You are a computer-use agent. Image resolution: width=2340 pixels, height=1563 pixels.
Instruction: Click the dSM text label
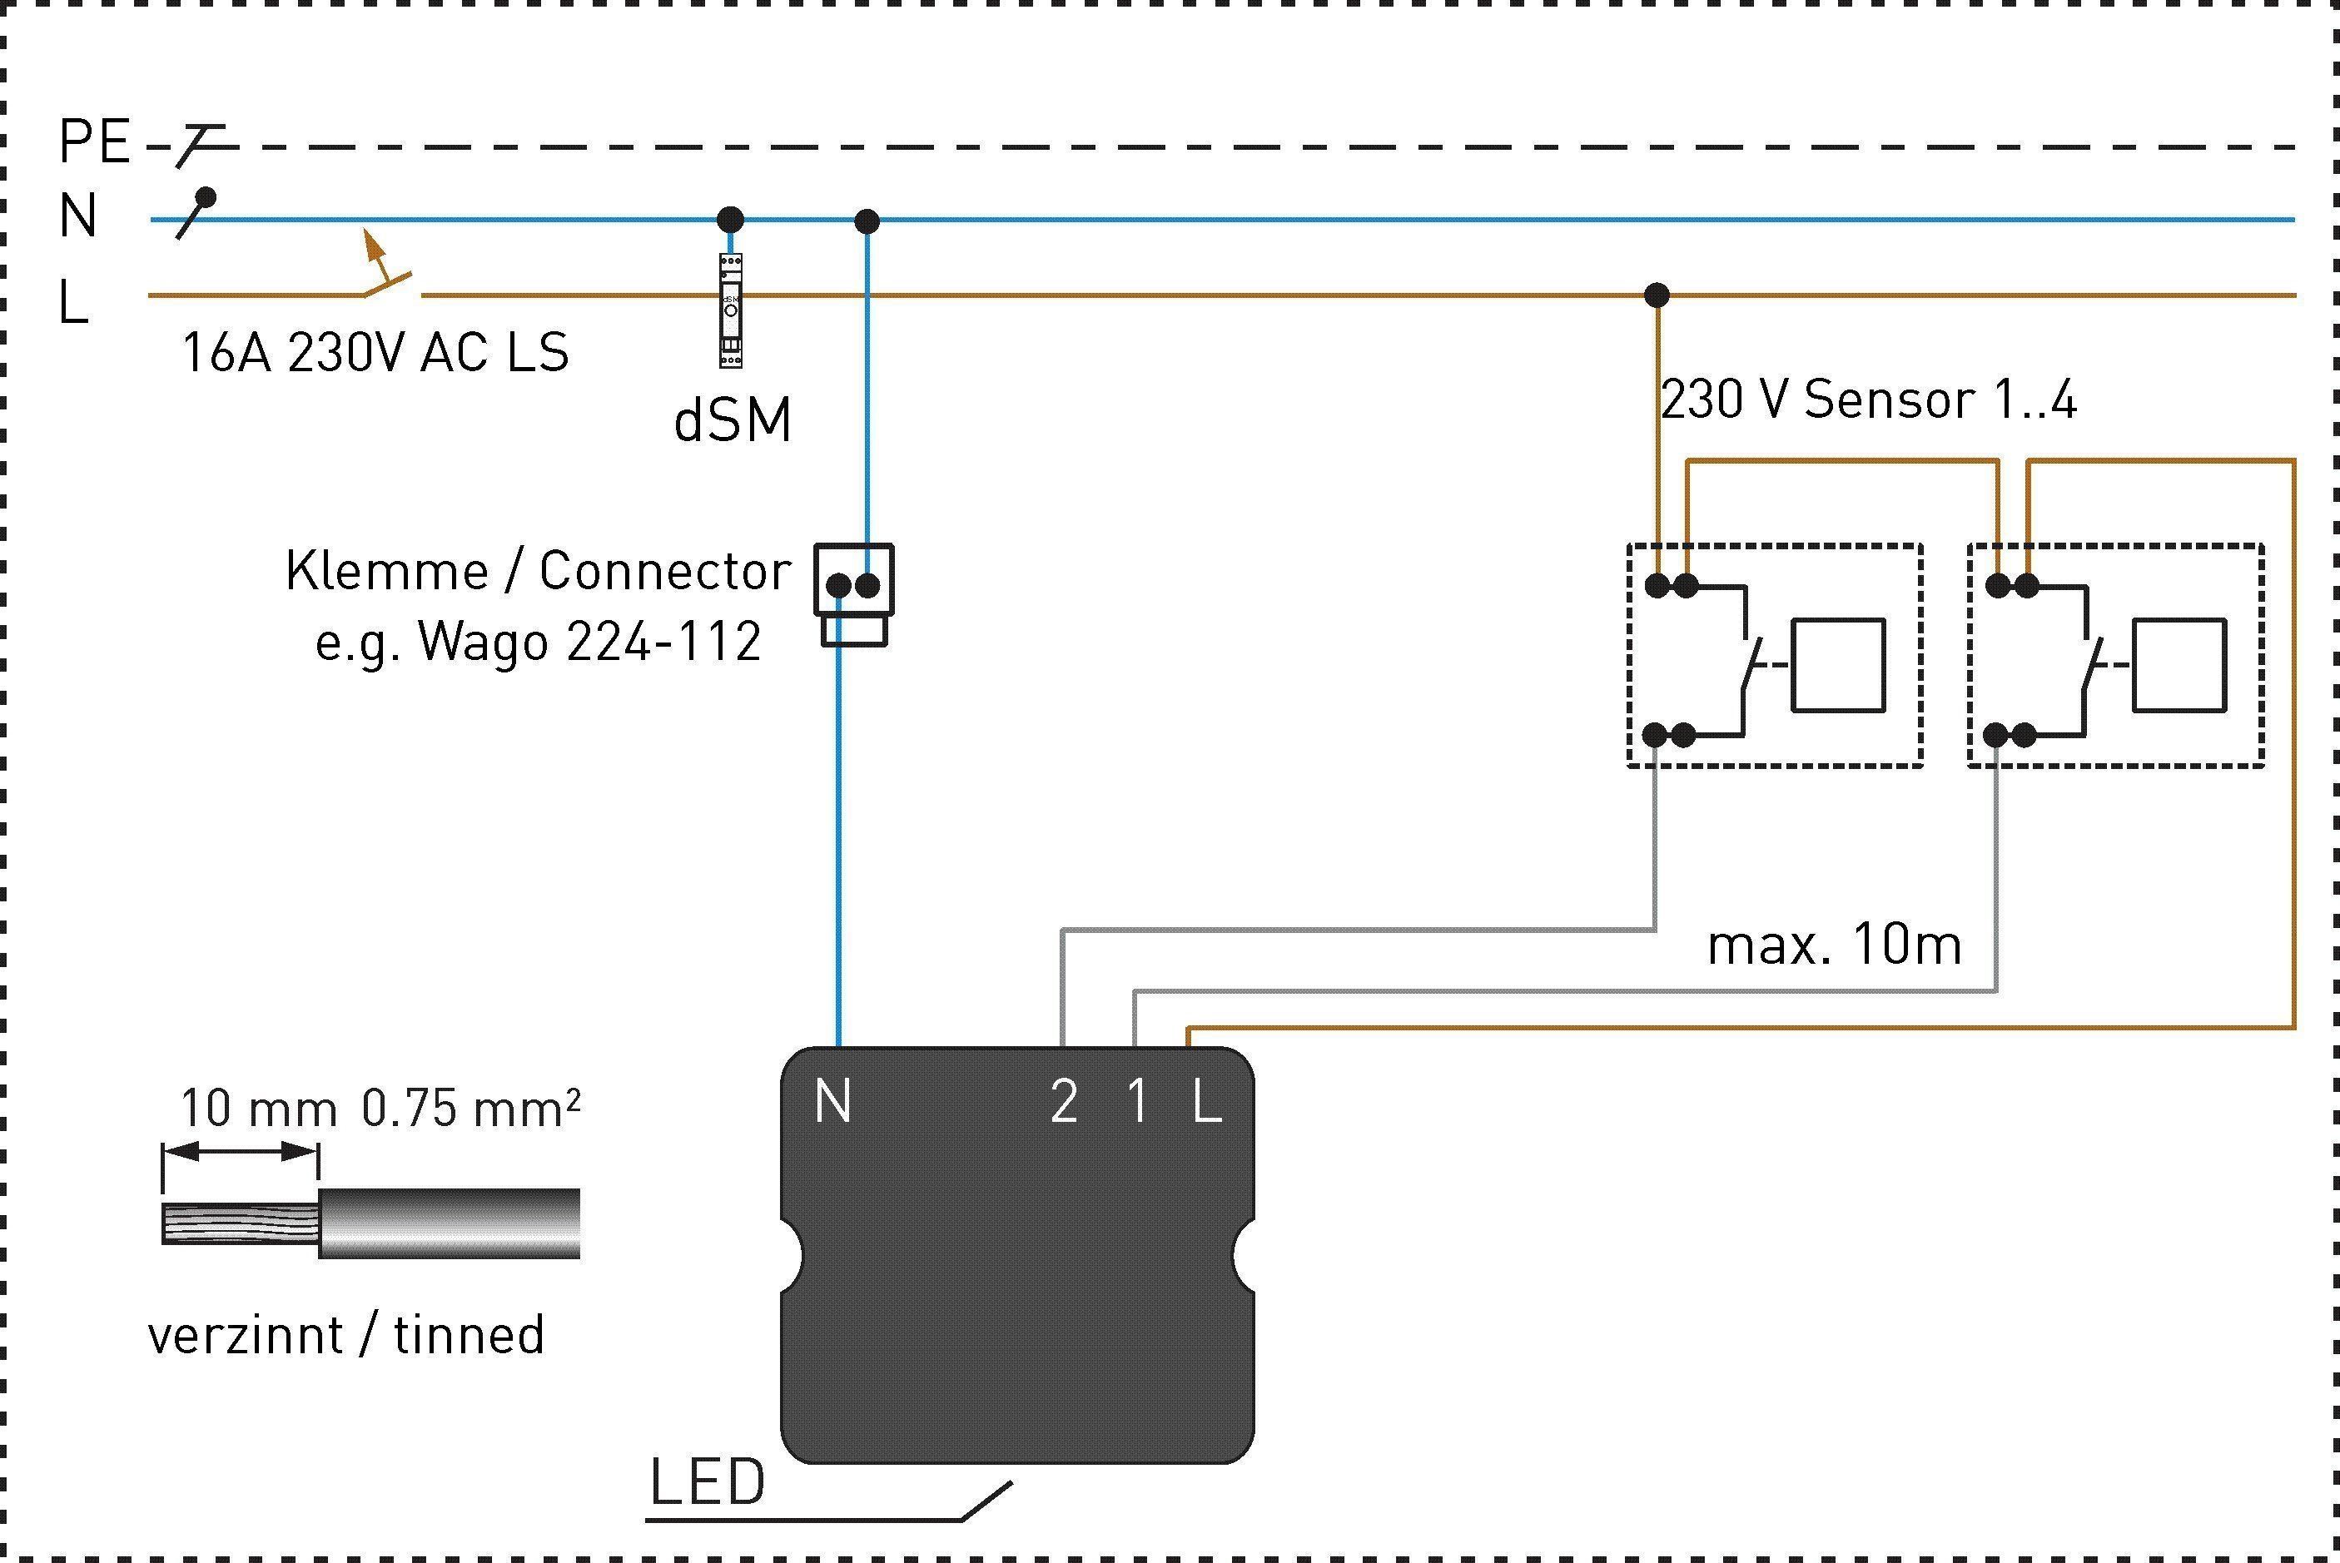(x=733, y=419)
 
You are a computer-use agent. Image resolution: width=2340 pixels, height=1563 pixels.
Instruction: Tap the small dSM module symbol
(x=731, y=310)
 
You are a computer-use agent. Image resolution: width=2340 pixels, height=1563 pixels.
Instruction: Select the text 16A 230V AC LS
(x=375, y=352)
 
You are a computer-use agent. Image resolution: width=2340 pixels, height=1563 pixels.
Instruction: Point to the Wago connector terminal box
(x=854, y=594)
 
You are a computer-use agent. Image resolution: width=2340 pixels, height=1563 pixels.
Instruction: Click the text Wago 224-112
(x=589, y=641)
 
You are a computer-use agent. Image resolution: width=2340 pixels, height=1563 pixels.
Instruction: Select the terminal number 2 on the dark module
(x=1064, y=1104)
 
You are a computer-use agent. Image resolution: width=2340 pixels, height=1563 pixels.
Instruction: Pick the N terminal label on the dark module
(x=832, y=1103)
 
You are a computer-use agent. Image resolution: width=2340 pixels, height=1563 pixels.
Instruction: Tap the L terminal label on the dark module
(x=1207, y=1104)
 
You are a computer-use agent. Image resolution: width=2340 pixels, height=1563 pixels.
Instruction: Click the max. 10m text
(x=1835, y=944)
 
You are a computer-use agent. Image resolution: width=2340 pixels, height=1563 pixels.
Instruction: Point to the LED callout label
(x=708, y=1482)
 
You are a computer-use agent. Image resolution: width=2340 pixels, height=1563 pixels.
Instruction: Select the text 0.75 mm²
(x=470, y=1108)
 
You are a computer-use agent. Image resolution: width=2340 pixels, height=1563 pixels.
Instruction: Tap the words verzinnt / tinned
(x=346, y=1336)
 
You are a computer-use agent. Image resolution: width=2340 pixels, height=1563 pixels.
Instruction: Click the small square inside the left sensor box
(x=1839, y=666)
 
